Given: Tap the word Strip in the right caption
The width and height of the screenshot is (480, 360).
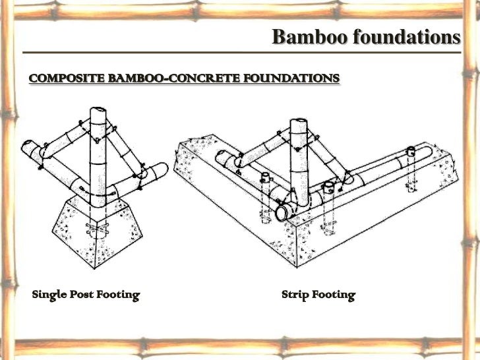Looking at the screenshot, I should pos(295,295).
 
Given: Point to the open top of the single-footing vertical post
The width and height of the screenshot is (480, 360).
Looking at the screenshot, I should pos(98,112).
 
